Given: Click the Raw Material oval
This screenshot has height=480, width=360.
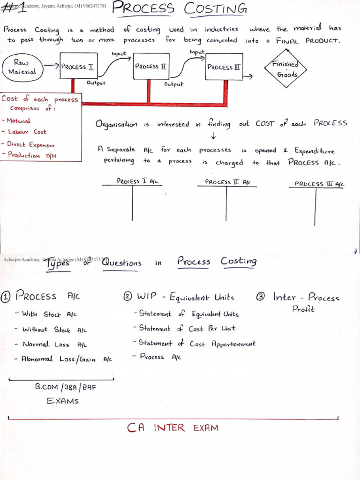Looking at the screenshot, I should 22,67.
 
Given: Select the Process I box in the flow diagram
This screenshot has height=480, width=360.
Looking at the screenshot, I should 78,67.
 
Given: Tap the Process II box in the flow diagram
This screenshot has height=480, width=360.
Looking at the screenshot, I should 150,66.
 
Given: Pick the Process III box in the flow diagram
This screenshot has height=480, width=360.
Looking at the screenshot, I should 225,67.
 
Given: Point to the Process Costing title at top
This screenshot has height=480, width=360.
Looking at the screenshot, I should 180,8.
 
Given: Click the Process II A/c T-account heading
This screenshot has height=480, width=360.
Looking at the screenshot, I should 227,182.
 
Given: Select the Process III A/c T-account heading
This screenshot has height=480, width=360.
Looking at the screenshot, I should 319,184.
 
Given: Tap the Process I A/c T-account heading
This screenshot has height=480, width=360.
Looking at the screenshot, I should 137,181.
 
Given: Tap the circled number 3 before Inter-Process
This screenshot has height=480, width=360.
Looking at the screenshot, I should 261,296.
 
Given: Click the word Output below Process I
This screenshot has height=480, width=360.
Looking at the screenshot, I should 97,83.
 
